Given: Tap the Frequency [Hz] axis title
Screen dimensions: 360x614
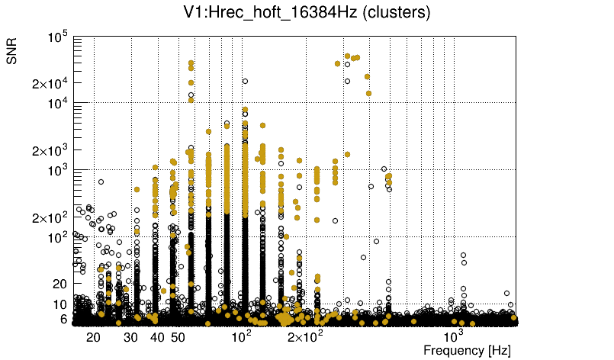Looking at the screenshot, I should [466, 350].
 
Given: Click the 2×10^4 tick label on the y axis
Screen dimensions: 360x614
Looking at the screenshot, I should [50, 83].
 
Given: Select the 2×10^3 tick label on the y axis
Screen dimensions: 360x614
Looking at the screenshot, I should [50, 150].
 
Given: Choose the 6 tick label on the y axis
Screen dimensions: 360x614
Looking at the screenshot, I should [64, 319].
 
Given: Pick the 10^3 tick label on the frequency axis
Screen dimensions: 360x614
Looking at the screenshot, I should [454, 336].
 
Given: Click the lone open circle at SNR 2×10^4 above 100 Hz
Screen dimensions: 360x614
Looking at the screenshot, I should [245, 81].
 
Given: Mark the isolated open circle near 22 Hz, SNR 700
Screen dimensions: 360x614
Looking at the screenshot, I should [101, 182].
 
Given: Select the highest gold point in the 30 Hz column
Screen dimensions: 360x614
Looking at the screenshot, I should [137, 189].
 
